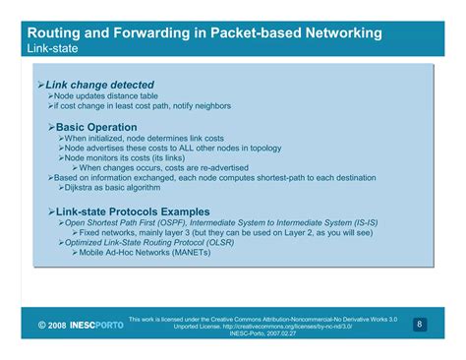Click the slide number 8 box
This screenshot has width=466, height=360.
419,324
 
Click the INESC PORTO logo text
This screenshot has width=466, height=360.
96,325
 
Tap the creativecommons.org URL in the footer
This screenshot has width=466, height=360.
284,326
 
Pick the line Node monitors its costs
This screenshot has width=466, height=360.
118,158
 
